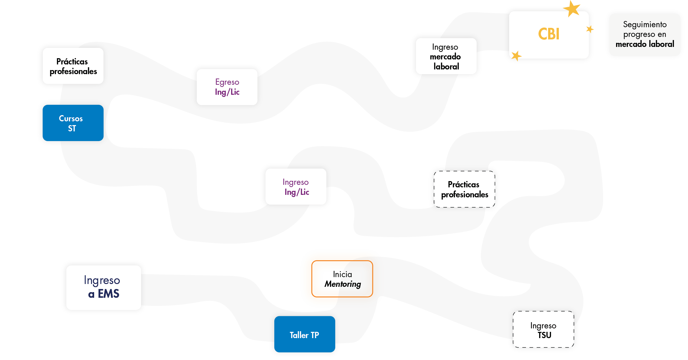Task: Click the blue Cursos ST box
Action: point(73,123)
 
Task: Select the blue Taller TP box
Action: point(305,334)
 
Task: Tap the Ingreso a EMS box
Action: point(104,287)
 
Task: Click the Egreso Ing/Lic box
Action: point(227,87)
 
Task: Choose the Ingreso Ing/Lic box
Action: point(296,187)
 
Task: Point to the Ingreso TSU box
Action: point(544,330)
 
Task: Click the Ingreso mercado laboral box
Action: point(446,57)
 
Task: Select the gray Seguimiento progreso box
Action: point(645,34)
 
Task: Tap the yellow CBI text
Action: point(549,34)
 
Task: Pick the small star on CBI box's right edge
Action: point(589,29)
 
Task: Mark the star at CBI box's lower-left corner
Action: point(516,56)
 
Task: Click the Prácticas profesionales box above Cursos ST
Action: point(73,66)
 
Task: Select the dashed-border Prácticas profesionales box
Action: point(464,189)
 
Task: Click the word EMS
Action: point(109,294)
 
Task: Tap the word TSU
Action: point(544,335)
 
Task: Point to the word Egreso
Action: point(227,82)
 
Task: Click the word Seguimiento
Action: point(645,24)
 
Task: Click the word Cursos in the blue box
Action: point(71,119)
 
